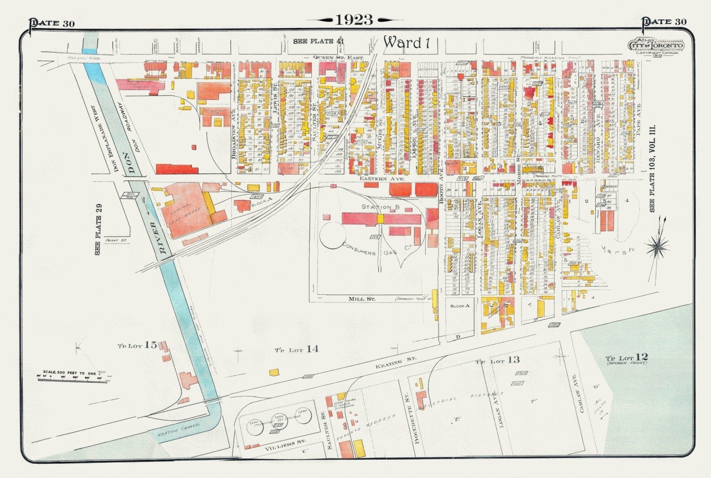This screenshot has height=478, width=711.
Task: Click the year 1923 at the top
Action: point(355,19)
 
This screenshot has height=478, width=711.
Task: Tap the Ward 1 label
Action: point(406,43)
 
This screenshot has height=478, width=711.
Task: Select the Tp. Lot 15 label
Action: point(137,345)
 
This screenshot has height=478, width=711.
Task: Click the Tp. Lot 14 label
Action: point(297,349)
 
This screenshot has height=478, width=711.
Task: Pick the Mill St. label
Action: point(362,299)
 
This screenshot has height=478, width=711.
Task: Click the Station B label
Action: point(381,207)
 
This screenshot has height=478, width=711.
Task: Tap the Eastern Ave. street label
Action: point(382,179)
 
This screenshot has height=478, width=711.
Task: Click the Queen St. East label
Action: point(338,57)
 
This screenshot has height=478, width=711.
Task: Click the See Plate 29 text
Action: point(98,229)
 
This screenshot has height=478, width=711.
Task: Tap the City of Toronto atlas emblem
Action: point(656,45)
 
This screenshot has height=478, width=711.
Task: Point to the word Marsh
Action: point(618,250)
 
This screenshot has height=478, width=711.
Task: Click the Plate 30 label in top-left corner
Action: point(52,23)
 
